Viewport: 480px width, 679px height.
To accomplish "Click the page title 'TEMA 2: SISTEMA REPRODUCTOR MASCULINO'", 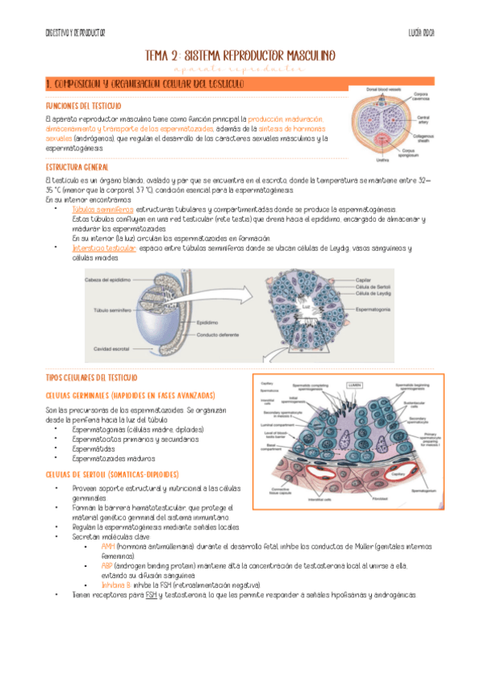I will [x=240, y=55].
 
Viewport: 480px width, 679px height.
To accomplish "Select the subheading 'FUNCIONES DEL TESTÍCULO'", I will [x=83, y=106].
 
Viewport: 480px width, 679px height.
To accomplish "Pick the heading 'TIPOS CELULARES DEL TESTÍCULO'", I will [x=91, y=377].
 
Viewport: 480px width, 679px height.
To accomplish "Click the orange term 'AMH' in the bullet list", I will [x=108, y=545].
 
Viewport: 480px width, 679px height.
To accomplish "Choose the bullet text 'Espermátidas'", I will [x=94, y=448].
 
